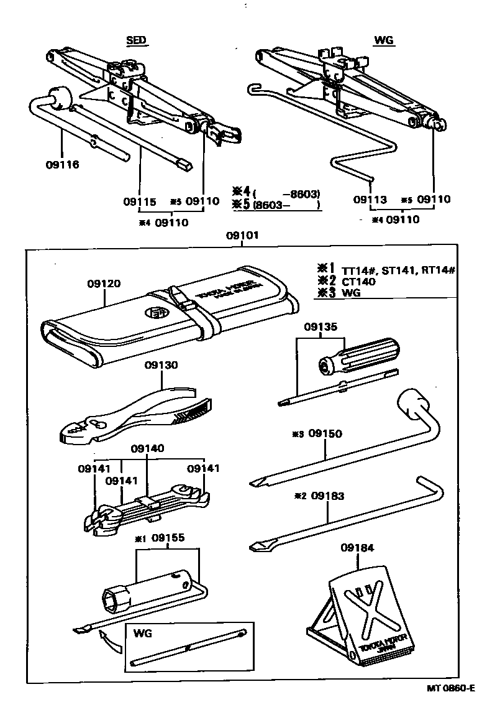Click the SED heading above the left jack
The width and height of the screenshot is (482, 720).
[x=136, y=40]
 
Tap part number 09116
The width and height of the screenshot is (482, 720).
[x=63, y=165]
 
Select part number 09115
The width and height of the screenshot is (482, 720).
[x=139, y=201]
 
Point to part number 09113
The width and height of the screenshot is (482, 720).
[x=370, y=200]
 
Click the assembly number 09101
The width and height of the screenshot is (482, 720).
[x=242, y=236]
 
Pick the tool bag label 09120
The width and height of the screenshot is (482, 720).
[x=104, y=284]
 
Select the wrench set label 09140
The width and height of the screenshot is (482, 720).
[x=147, y=448]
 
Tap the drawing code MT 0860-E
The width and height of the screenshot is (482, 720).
[x=450, y=688]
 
